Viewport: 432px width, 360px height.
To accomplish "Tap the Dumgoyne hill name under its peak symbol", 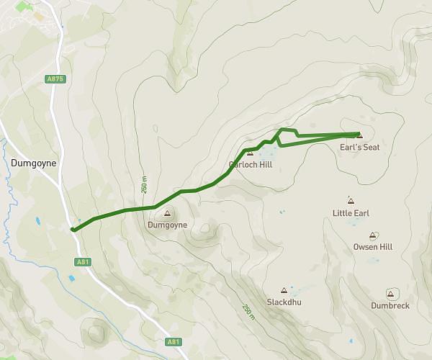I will (x=167, y=225).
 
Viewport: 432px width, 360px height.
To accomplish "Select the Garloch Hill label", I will (x=250, y=163).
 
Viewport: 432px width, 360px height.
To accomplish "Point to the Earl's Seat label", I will (x=359, y=147).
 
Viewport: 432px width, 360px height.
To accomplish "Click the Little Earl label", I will (x=351, y=213).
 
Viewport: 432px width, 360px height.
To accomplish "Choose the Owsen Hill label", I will (x=373, y=247).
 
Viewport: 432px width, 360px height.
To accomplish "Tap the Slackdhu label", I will (x=284, y=302).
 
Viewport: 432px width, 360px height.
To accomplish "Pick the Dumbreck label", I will (x=390, y=305).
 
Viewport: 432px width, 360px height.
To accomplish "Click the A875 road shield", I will (x=54, y=79).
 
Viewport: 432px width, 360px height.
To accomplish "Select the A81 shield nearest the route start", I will (x=82, y=262).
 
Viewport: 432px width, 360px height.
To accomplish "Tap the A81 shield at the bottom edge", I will (x=174, y=342).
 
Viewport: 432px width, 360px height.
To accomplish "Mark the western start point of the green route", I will (x=73, y=230).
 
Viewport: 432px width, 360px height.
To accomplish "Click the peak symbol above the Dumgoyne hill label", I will (x=168, y=213).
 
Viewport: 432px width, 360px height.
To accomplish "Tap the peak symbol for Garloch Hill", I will (x=250, y=153).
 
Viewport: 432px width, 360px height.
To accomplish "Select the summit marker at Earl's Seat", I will (x=359, y=135).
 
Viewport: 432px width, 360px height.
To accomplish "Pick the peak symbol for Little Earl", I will (x=351, y=201).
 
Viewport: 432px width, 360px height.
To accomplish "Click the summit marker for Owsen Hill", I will (x=373, y=235).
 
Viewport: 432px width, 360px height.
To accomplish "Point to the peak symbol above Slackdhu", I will (x=284, y=290).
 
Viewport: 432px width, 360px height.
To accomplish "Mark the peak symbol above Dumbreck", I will (x=390, y=294).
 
